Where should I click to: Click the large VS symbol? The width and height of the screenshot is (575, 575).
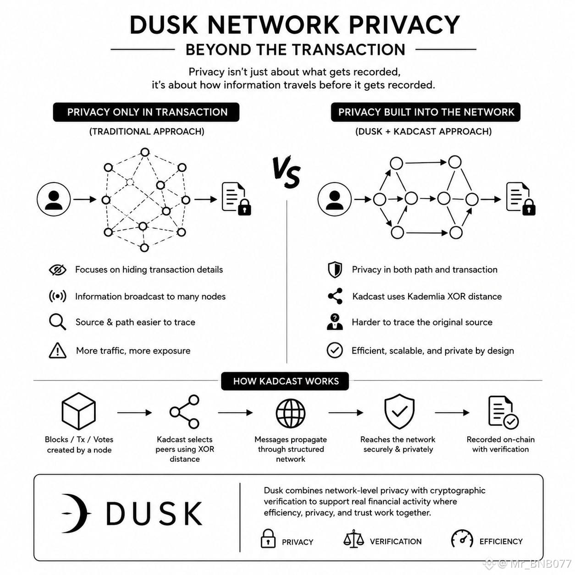tap(286, 172)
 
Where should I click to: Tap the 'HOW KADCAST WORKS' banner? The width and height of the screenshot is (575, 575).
tap(285, 381)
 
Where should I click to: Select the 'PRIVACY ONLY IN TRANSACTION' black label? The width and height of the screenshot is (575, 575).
tap(146, 112)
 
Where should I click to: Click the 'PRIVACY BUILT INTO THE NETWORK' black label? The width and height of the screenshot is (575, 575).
tap(426, 112)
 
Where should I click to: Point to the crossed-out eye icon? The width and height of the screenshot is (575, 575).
tap(58, 270)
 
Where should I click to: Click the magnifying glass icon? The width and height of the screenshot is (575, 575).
tap(57, 322)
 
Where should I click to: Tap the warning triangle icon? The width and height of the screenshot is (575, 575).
tap(57, 350)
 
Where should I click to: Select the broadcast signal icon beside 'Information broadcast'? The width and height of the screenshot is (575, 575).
tap(57, 296)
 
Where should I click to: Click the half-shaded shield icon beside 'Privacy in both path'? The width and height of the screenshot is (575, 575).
tap(335, 270)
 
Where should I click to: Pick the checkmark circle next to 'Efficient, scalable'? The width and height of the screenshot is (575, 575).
tap(335, 350)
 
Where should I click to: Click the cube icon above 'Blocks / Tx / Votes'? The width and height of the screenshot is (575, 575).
tap(78, 411)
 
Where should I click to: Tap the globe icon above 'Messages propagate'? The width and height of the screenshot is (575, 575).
tap(290, 413)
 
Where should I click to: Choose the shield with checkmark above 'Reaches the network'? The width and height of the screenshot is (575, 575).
tap(399, 411)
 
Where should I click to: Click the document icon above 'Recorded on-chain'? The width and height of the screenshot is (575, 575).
tap(503, 412)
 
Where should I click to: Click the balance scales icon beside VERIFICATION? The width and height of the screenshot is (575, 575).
tap(354, 539)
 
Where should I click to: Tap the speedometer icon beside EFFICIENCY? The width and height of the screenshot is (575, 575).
tap(462, 539)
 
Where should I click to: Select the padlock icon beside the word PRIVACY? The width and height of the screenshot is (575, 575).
tap(268, 538)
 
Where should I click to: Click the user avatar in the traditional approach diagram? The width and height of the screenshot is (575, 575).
tap(54, 199)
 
